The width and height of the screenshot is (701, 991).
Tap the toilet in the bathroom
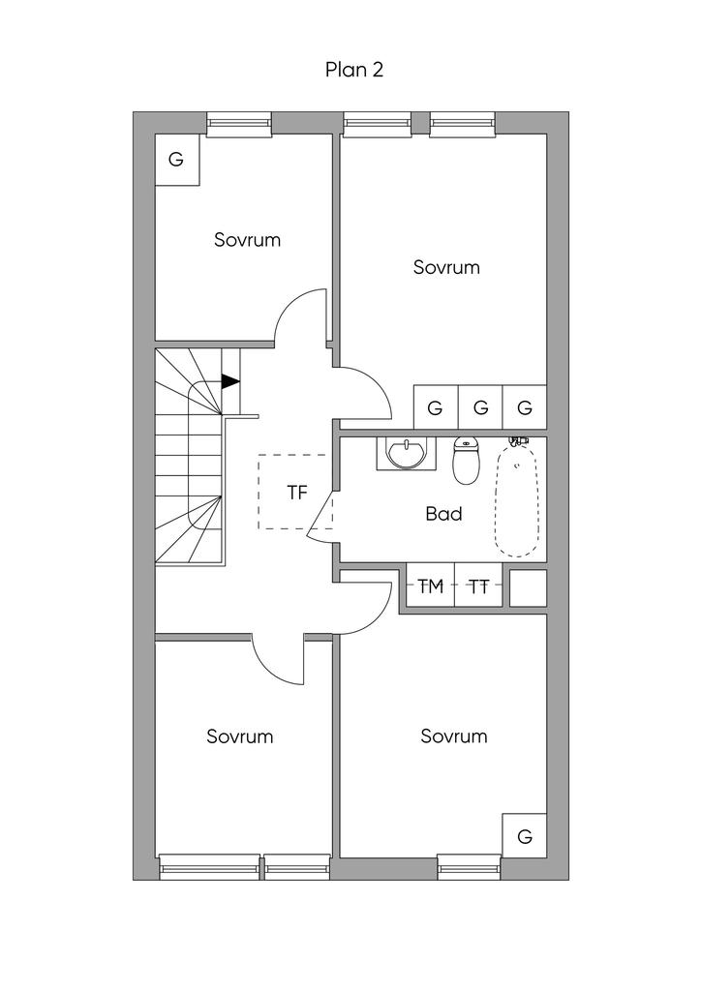[x=467, y=462]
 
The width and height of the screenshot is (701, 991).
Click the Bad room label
[x=443, y=514]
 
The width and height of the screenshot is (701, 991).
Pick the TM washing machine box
[x=430, y=586]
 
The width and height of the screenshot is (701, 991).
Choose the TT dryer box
[x=478, y=586]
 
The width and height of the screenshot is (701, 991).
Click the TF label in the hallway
[x=296, y=493]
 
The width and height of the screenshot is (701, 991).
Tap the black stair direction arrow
[x=230, y=381]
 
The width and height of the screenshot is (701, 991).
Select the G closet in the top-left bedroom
[x=176, y=160]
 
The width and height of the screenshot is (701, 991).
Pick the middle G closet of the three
[x=480, y=408]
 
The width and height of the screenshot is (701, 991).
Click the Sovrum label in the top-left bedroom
[x=247, y=240]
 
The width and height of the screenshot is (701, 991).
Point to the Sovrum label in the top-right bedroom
[x=446, y=267]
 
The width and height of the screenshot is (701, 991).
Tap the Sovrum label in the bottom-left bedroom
[x=240, y=736]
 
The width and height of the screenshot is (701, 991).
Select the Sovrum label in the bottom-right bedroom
[x=454, y=736]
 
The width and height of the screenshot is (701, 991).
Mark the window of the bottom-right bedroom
[x=469, y=867]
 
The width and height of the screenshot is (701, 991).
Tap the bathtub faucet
[x=520, y=441]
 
